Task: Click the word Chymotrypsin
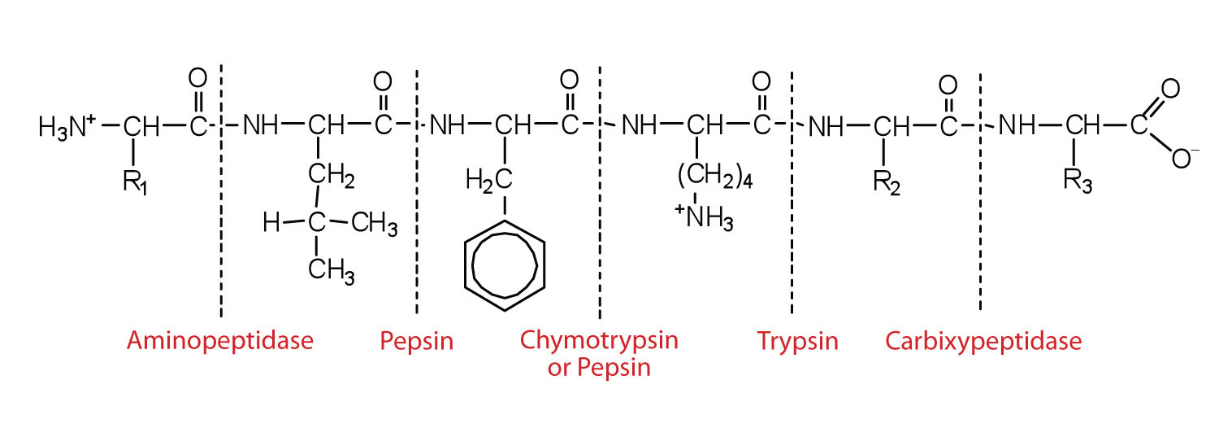click(599, 340)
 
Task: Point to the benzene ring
click(505, 265)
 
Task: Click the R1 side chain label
click(135, 182)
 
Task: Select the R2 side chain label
click(887, 182)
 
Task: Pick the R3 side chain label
click(1078, 182)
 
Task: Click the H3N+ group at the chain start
click(67, 127)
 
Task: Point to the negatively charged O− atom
click(1185, 158)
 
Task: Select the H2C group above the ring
click(488, 181)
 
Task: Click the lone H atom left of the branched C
click(271, 223)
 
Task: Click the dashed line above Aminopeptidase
click(221, 191)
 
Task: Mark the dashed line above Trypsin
click(792, 192)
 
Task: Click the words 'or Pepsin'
click(599, 368)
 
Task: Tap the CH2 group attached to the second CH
click(331, 176)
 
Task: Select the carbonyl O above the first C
click(197, 78)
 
